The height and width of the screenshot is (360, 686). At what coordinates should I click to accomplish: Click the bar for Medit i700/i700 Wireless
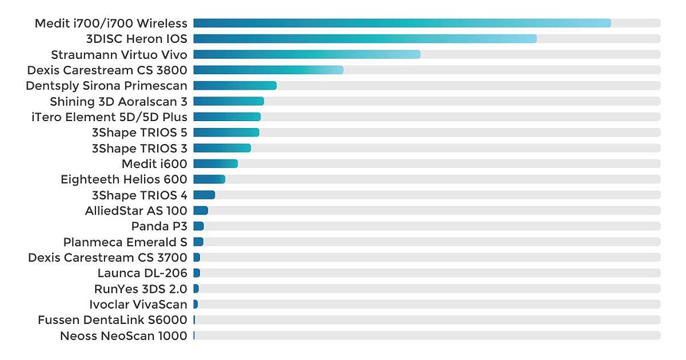click(402, 23)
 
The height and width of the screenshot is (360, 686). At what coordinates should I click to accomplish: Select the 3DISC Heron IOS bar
click(365, 38)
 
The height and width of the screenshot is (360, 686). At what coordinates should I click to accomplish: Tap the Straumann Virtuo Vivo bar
click(307, 54)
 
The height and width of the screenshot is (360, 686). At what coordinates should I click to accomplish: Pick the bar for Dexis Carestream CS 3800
click(268, 70)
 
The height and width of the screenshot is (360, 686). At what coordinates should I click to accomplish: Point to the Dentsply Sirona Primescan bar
click(235, 86)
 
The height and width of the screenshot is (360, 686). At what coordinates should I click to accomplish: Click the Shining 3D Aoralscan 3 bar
click(228, 101)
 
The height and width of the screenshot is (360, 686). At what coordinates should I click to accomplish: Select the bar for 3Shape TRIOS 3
click(222, 148)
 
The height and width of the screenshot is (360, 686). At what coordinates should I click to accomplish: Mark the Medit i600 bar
click(215, 164)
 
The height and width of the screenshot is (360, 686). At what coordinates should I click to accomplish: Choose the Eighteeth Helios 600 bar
click(209, 179)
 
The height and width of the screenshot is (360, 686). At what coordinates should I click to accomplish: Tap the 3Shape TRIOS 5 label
click(139, 133)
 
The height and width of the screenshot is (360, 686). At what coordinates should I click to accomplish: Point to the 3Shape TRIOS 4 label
click(139, 195)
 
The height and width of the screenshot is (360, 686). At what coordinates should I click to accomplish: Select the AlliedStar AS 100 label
click(136, 211)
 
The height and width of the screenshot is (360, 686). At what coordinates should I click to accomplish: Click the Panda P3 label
click(159, 226)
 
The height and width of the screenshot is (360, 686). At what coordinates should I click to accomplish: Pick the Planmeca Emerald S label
click(125, 242)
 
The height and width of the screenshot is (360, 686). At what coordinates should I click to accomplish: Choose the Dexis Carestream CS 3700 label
click(107, 257)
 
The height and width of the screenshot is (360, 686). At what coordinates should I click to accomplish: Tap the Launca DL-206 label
click(142, 273)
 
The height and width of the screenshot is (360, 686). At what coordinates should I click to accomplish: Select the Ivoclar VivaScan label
click(138, 305)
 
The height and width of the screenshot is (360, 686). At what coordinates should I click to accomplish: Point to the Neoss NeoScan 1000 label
click(123, 335)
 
